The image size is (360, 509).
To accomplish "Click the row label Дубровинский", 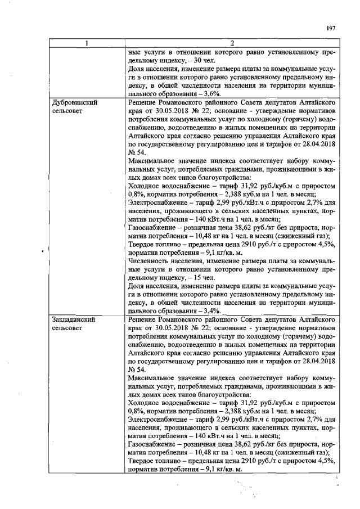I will point(72,103).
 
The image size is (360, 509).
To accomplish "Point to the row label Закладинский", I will point(72,319).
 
